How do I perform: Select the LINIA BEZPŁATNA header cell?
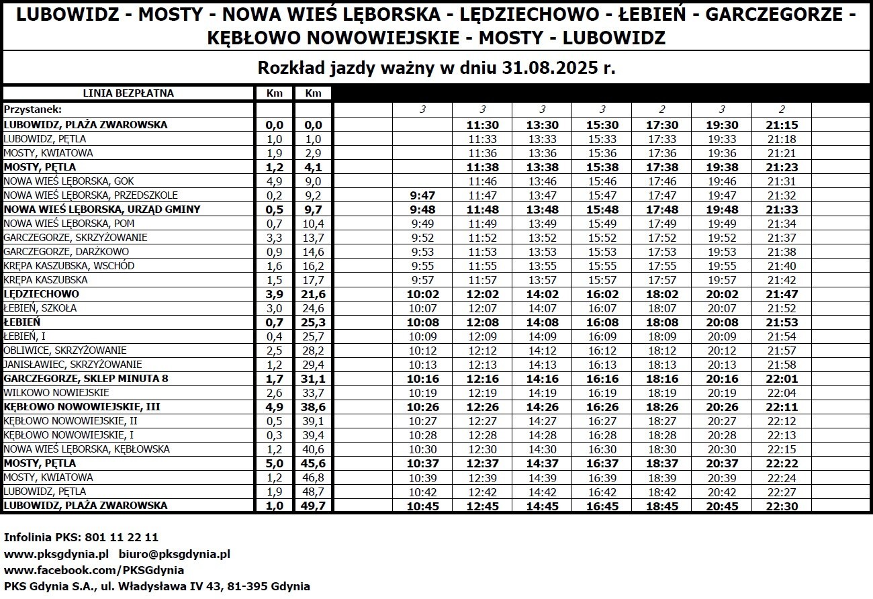pyautogui.click(x=128, y=93)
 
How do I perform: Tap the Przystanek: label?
pyautogui.click(x=32, y=109)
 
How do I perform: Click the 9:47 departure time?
pyautogui.click(x=422, y=195)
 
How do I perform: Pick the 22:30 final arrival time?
pyautogui.click(x=782, y=506)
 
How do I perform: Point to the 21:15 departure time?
pyautogui.click(x=782, y=125)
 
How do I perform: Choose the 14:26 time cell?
pyautogui.click(x=542, y=407)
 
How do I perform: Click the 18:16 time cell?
pyautogui.click(x=661, y=379)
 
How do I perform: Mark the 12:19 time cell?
pyautogui.click(x=482, y=393)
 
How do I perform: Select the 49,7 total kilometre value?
pyautogui.click(x=314, y=506)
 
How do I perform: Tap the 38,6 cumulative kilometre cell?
pyautogui.click(x=314, y=407)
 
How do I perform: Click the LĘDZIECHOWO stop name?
pyautogui.click(x=41, y=294)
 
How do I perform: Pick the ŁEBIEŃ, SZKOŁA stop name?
pyautogui.click(x=40, y=308)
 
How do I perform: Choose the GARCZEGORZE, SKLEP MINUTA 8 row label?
pyautogui.click(x=86, y=379)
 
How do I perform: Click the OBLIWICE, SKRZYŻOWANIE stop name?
pyautogui.click(x=65, y=351)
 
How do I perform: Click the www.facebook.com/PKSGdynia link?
pyautogui.click(x=94, y=570)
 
